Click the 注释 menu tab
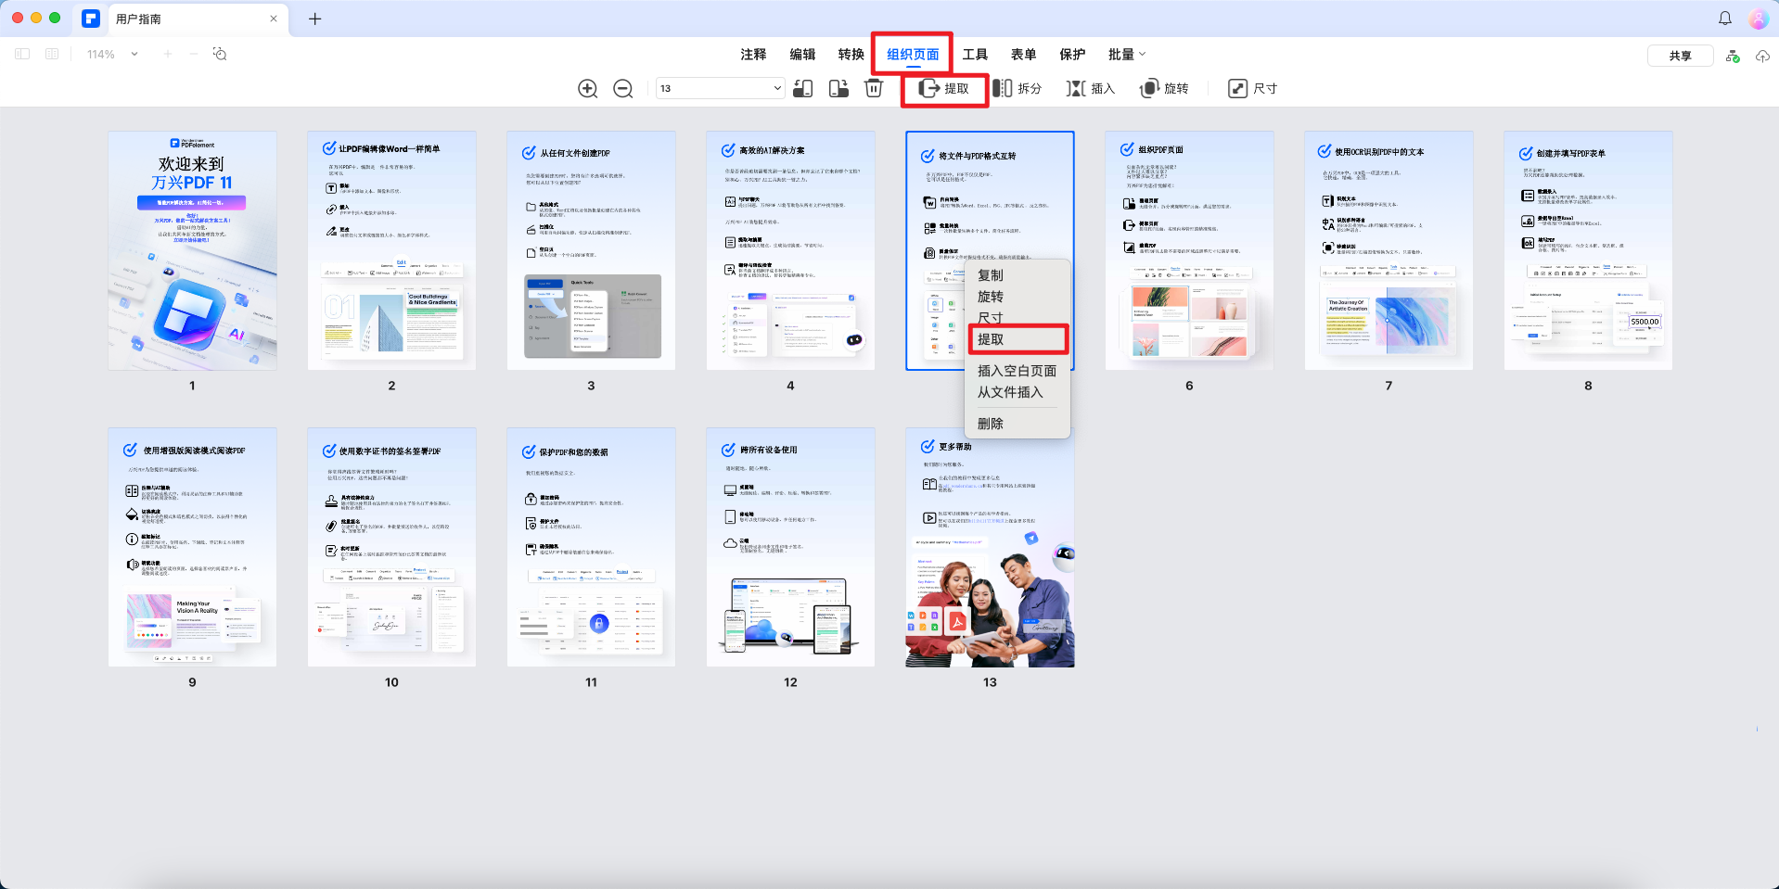[x=753, y=55]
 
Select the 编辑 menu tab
[x=802, y=55]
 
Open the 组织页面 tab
[x=913, y=55]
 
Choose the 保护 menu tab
[x=1072, y=55]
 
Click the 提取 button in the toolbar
[x=944, y=89]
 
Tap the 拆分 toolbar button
[x=1017, y=89]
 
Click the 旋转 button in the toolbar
[x=1164, y=89]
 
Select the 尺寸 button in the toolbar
[x=1253, y=89]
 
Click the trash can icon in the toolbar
[x=874, y=88]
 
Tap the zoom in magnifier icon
[x=587, y=89]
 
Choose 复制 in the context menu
[x=991, y=275]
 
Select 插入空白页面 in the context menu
[x=1017, y=371]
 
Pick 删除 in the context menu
[x=991, y=424]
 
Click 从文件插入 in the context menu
[x=1010, y=392]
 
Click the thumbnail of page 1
[x=192, y=251]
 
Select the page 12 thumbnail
[x=790, y=547]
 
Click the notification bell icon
[x=1725, y=19]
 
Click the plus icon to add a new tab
[x=315, y=19]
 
